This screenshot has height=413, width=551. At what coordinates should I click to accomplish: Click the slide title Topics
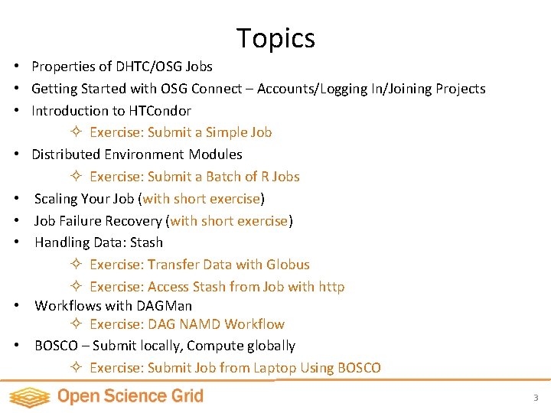(275, 37)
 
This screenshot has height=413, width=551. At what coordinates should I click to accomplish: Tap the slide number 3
(536, 398)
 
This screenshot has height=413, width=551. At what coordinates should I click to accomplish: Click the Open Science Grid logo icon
(29, 396)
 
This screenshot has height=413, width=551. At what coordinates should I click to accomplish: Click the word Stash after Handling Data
(146, 242)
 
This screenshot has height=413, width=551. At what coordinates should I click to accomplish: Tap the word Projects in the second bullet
(460, 89)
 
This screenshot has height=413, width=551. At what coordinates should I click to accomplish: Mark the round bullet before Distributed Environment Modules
(15, 154)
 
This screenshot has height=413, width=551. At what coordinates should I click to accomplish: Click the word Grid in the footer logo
(188, 396)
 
